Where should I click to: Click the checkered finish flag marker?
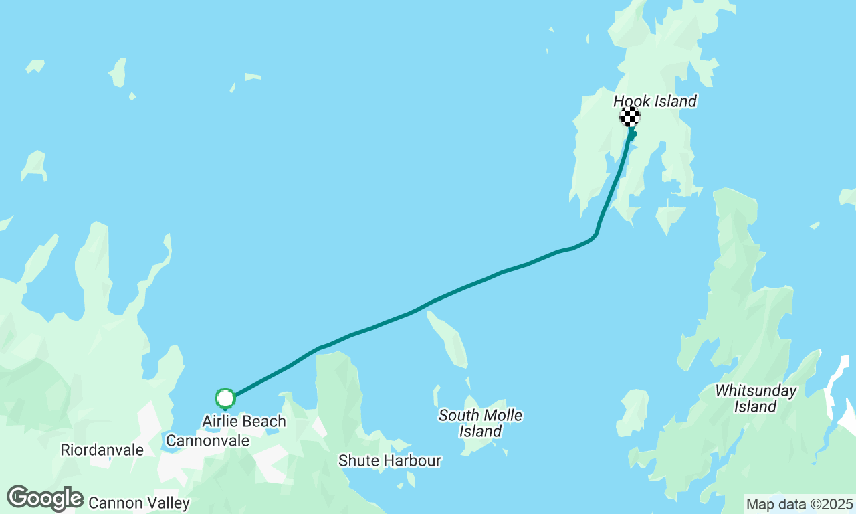[x=629, y=116]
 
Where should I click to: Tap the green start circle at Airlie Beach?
[x=225, y=398]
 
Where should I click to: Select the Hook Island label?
[x=655, y=101]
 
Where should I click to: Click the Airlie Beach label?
[x=244, y=422]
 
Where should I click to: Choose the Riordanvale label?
[x=102, y=450]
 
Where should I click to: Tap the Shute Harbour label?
[x=389, y=461]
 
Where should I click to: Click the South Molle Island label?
[x=480, y=424]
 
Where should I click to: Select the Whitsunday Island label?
[x=756, y=398]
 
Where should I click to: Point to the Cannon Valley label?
[x=139, y=503]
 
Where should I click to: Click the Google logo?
[x=45, y=499]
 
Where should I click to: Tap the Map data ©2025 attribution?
[x=799, y=504]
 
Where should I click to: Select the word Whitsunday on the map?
[x=756, y=390]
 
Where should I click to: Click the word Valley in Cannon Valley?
[x=167, y=503]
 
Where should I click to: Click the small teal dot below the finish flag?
[x=634, y=134]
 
